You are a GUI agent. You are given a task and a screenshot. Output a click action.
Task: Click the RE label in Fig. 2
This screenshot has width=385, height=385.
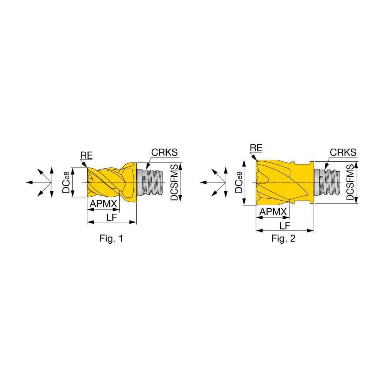(x=256, y=148)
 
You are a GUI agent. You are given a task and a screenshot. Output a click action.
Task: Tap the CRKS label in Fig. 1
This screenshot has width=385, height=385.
(x=164, y=152)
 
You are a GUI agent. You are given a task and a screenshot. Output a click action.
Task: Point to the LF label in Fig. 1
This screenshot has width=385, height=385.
(x=112, y=217)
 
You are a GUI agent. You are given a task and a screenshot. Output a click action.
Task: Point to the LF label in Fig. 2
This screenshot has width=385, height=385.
(x=285, y=225)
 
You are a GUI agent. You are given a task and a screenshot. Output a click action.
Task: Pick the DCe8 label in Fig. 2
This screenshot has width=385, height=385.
(x=238, y=182)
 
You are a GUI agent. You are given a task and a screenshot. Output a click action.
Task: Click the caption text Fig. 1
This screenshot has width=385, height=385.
(x=111, y=239)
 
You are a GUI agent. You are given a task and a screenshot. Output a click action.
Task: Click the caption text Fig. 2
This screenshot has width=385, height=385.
(x=283, y=239)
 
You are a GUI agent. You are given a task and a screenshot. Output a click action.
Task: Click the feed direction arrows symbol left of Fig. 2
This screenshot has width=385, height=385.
(x=216, y=182)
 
